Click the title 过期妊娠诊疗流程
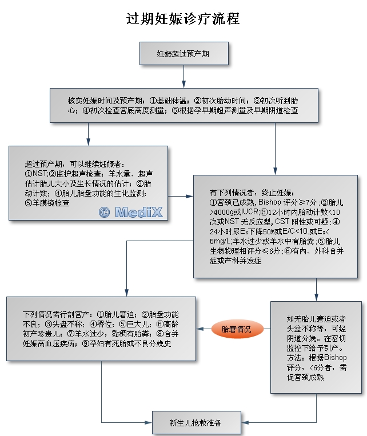click(x=183, y=19)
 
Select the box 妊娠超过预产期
click(x=183, y=54)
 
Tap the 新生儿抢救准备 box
click(x=196, y=423)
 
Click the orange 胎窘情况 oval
click(x=236, y=329)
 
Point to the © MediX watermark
click(x=131, y=212)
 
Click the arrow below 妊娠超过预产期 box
click(x=183, y=77)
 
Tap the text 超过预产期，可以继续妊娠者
click(x=74, y=163)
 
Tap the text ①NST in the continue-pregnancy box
click(x=34, y=173)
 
